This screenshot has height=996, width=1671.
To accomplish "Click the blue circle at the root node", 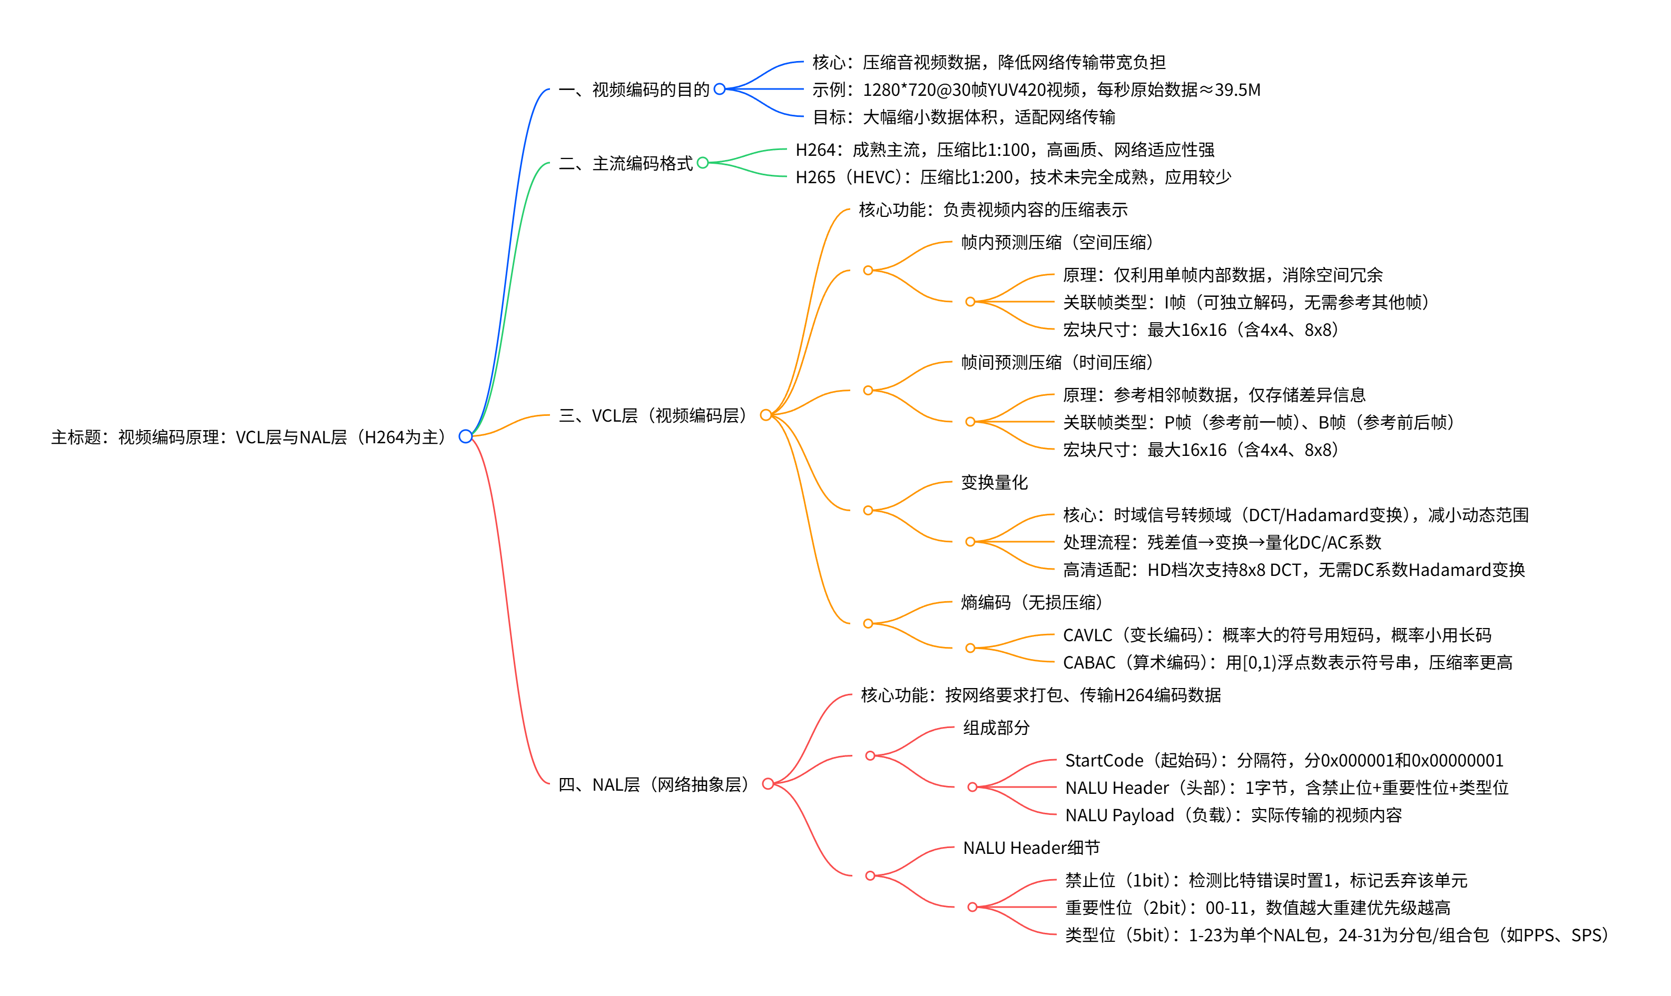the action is tap(466, 436).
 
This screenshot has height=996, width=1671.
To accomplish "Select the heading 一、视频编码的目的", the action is tap(634, 89).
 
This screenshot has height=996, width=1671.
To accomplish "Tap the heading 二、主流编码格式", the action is tap(625, 163).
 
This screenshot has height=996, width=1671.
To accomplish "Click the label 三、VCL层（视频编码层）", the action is tap(653, 415).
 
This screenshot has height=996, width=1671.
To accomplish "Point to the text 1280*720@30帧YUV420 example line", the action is tap(1036, 89).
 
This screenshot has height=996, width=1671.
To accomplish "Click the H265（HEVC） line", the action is tap(1012, 177).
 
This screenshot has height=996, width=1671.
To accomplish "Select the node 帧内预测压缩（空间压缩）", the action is tap(1056, 242).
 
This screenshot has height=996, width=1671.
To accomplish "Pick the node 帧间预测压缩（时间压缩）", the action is tap(1056, 362).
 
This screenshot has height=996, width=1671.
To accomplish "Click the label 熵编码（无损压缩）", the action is tap(1031, 602).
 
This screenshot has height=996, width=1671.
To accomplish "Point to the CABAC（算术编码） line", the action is tap(1287, 662).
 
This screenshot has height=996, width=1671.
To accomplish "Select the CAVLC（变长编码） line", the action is tap(1276, 635).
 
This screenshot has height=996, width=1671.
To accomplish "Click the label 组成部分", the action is tap(996, 728).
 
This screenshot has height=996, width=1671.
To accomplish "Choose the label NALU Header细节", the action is tap(1031, 848).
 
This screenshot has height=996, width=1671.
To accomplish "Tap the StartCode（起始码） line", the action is tap(1283, 760).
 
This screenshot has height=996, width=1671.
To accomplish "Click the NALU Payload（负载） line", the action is tap(1233, 815).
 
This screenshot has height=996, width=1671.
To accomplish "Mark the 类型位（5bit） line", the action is tap(1336, 935).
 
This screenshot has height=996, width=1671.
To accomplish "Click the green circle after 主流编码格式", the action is tap(703, 163).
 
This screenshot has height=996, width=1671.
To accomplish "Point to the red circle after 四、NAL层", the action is tap(768, 783).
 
